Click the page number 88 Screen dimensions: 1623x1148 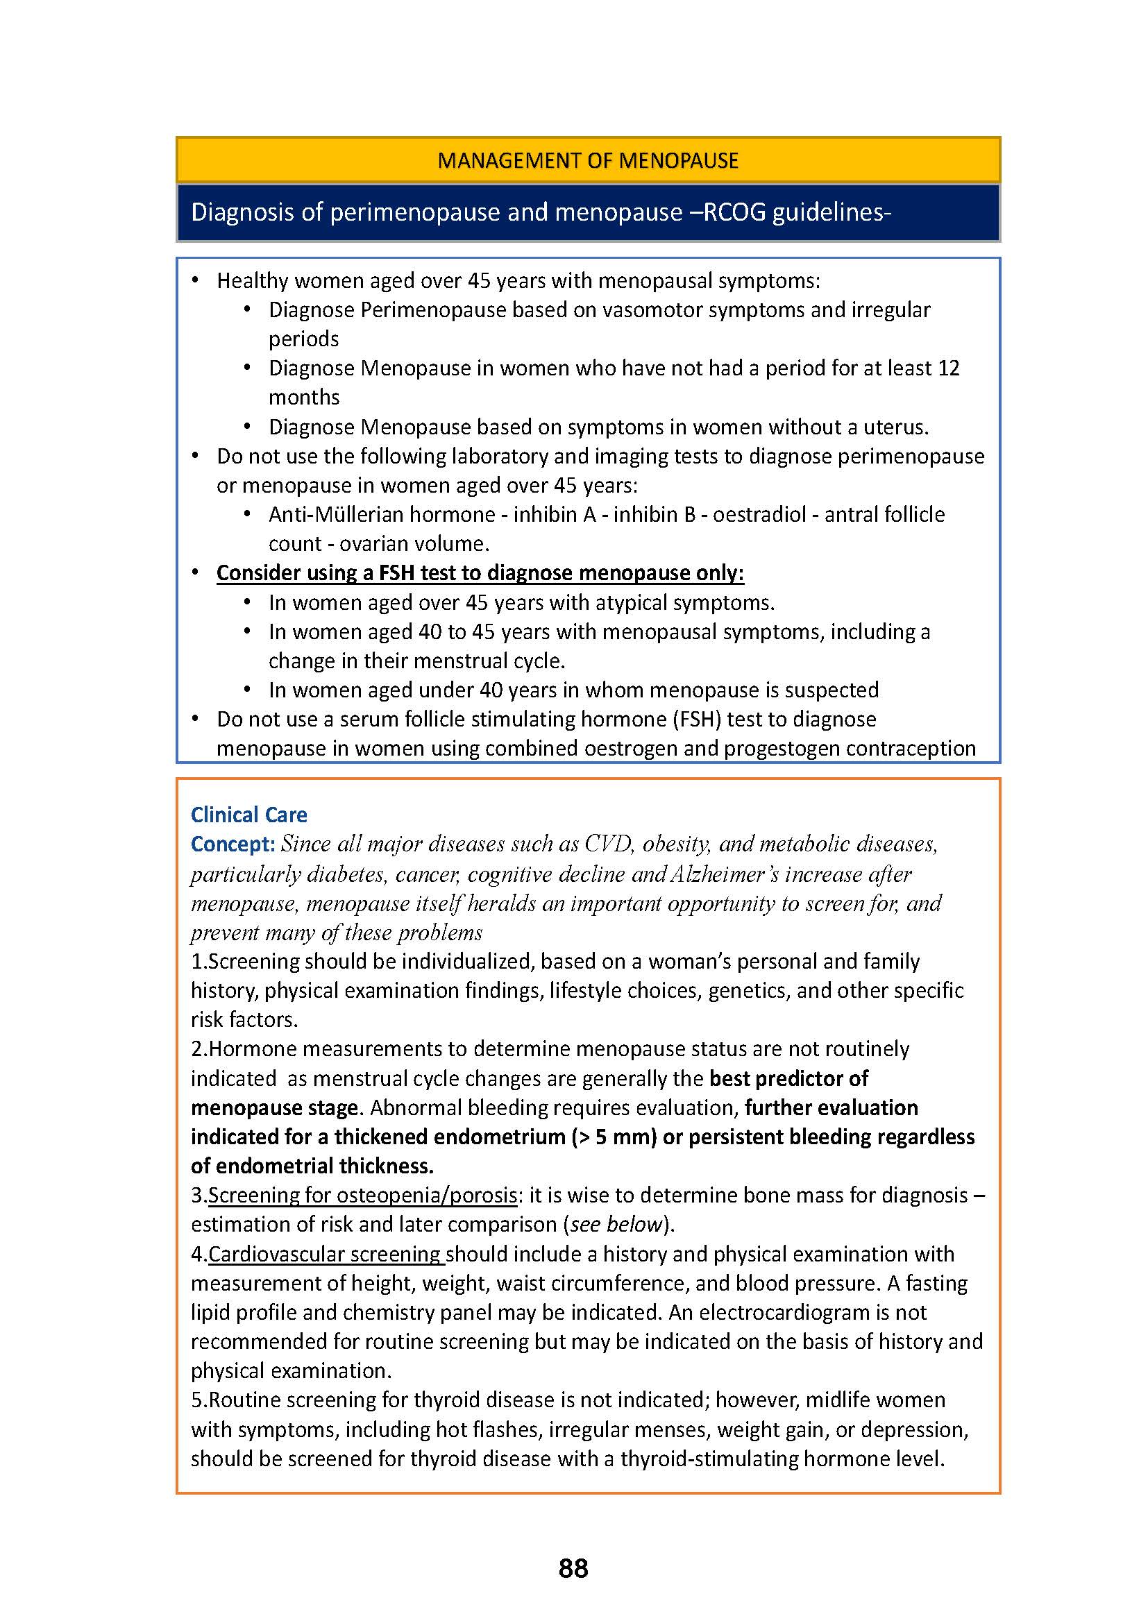click(573, 1568)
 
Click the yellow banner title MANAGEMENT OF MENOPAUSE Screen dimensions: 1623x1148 click(587, 160)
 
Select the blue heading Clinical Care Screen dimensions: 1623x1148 click(249, 815)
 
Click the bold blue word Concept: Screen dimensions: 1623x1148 click(233, 844)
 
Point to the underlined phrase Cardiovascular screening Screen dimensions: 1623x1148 click(325, 1253)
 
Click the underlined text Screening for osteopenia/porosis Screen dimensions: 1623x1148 click(362, 1195)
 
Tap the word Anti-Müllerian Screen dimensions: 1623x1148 click(311, 514)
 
